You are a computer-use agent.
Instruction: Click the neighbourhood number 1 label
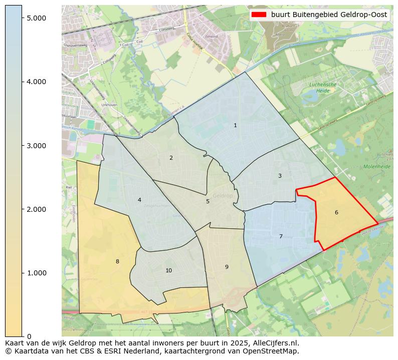click(235, 125)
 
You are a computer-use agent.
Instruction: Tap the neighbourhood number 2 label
click(171, 158)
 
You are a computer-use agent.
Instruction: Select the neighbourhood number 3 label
click(280, 176)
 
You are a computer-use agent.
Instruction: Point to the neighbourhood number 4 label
click(139, 200)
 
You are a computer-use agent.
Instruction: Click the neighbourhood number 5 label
click(208, 201)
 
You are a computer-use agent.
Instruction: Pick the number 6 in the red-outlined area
click(336, 212)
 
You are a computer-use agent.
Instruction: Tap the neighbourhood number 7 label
click(281, 236)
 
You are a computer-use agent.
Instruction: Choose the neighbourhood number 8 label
click(117, 261)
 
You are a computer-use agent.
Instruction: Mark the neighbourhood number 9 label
click(227, 267)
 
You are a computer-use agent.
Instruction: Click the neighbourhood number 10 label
click(168, 270)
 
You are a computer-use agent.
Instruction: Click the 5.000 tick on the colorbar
click(36, 18)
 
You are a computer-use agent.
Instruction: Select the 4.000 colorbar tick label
click(36, 82)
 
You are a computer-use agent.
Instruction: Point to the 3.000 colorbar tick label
click(36, 146)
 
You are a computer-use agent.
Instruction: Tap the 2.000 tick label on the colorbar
click(36, 209)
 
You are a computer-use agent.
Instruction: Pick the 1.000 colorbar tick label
click(36, 273)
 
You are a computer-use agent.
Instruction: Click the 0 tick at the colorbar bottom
click(29, 336)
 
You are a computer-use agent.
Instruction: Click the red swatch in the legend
click(259, 15)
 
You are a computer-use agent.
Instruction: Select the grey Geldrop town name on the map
click(223, 196)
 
